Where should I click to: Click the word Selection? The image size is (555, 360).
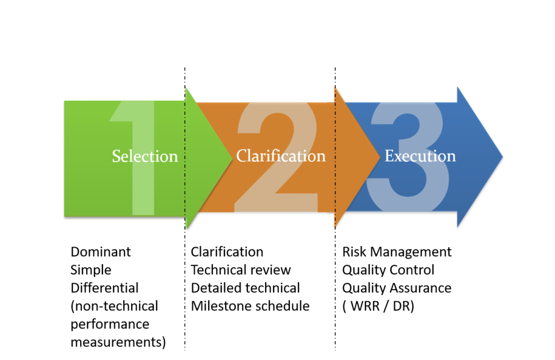145,156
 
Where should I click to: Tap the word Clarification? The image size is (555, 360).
281,156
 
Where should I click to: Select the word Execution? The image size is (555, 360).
420,156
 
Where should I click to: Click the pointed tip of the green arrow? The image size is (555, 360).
231,157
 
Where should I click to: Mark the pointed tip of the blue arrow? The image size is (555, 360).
503,157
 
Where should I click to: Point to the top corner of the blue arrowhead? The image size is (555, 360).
457,86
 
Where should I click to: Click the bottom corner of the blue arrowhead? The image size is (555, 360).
457,228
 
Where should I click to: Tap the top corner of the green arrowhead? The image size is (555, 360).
185,86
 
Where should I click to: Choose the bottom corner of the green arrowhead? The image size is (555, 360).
185,230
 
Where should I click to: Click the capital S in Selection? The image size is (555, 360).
116,156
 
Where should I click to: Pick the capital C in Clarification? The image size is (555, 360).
242,156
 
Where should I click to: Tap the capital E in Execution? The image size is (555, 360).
389,156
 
